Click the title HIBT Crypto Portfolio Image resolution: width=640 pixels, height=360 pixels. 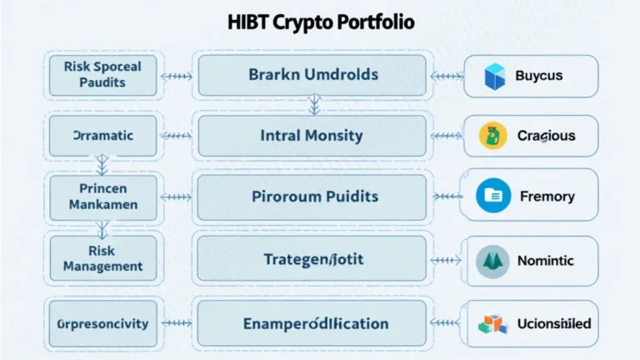[x=321, y=22]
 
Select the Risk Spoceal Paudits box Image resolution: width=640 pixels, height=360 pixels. [x=102, y=74]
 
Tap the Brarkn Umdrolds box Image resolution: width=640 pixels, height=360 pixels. [x=312, y=75]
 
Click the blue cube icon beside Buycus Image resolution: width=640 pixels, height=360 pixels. [x=495, y=76]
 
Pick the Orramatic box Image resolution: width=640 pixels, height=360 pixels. [x=102, y=135]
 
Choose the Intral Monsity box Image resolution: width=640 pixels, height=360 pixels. [x=312, y=135]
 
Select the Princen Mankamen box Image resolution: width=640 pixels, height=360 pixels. [x=102, y=196]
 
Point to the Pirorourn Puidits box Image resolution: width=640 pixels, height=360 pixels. [x=314, y=197]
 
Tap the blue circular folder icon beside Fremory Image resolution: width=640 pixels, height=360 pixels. [x=492, y=197]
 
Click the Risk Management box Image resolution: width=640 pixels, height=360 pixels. [x=102, y=257]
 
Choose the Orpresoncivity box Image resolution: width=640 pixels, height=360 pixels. [x=102, y=323]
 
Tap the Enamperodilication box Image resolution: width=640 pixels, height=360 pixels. [x=314, y=323]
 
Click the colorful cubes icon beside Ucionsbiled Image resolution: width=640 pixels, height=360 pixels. [x=492, y=323]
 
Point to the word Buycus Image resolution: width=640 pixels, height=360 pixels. [x=538, y=76]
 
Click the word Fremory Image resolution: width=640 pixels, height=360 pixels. [x=547, y=197]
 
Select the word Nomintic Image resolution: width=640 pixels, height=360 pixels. [x=546, y=261]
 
